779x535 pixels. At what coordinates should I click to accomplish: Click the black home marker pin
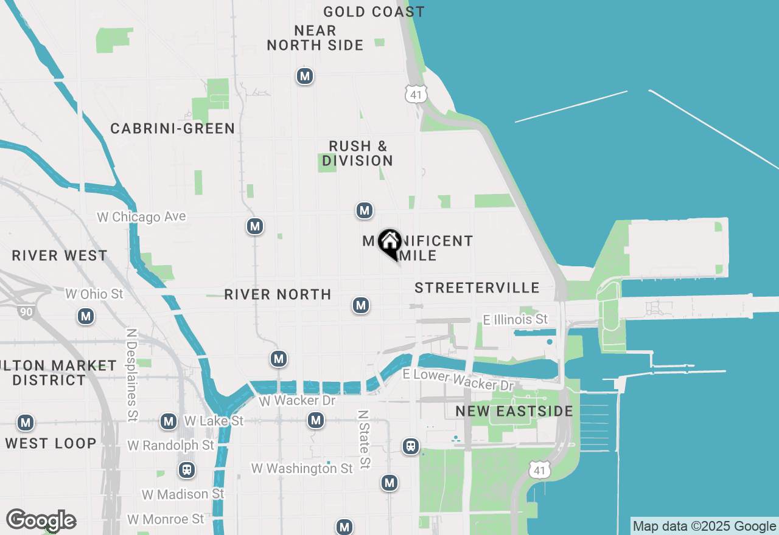pos(389,243)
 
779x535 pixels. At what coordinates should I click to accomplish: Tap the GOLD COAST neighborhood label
pos(374,12)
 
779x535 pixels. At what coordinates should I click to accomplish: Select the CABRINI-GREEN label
pos(173,128)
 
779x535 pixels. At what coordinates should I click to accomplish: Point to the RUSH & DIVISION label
pos(357,153)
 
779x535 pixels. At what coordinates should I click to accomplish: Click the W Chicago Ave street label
pos(141,217)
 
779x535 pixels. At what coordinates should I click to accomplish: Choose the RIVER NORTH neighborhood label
pos(278,294)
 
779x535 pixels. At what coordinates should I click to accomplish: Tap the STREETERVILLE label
pos(477,288)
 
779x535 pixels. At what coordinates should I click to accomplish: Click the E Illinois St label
pos(515,319)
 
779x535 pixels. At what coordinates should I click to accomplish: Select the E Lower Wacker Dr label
pos(458,380)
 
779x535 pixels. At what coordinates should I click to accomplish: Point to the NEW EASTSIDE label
pos(514,412)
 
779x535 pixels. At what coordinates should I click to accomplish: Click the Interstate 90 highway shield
pos(26,311)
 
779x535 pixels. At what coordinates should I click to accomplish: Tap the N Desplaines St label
pos(131,375)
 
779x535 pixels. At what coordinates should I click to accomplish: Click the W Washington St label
pos(302,469)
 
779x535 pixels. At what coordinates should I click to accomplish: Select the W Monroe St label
pos(166,519)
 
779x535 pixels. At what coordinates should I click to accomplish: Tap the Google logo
pos(41,520)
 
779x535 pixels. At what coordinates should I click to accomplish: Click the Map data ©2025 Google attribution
pos(704,526)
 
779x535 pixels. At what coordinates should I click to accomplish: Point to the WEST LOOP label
pos(51,443)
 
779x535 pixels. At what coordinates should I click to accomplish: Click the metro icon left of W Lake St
pos(169,421)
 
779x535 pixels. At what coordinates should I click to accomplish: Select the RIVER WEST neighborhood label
pos(60,255)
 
